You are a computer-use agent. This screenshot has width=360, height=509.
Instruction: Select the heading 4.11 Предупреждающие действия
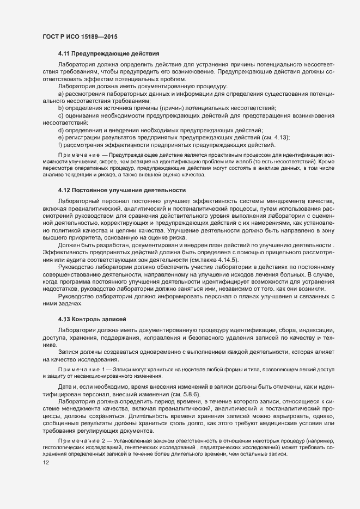click(x=108, y=54)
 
